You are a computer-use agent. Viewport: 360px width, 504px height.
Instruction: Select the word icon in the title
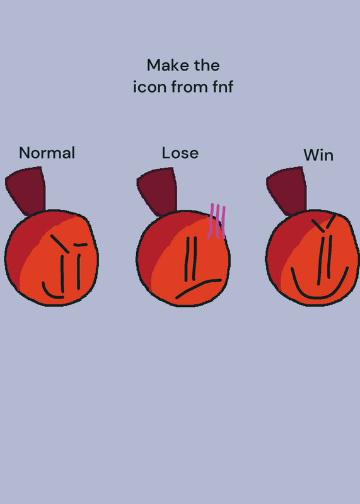pyautogui.click(x=149, y=87)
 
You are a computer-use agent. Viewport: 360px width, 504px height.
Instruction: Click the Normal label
pyautogui.click(x=47, y=152)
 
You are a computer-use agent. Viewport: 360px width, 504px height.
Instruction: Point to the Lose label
pyautogui.click(x=180, y=152)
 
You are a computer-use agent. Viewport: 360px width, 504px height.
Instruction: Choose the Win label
pyautogui.click(x=318, y=155)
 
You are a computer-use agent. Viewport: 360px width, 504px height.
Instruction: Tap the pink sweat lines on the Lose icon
pyautogui.click(x=216, y=221)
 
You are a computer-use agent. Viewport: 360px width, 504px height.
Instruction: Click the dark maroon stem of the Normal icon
pyautogui.click(x=27, y=190)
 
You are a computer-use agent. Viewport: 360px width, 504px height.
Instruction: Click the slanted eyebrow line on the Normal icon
pyautogui.click(x=60, y=244)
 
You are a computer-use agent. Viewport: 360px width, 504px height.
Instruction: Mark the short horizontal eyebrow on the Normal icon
pyautogui.click(x=81, y=245)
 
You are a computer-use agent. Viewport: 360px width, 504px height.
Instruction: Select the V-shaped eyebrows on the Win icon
pyautogui.click(x=324, y=222)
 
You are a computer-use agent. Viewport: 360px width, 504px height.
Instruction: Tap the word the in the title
pyautogui.click(x=207, y=66)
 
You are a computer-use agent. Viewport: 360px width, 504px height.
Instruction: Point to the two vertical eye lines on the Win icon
pyautogui.click(x=325, y=260)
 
